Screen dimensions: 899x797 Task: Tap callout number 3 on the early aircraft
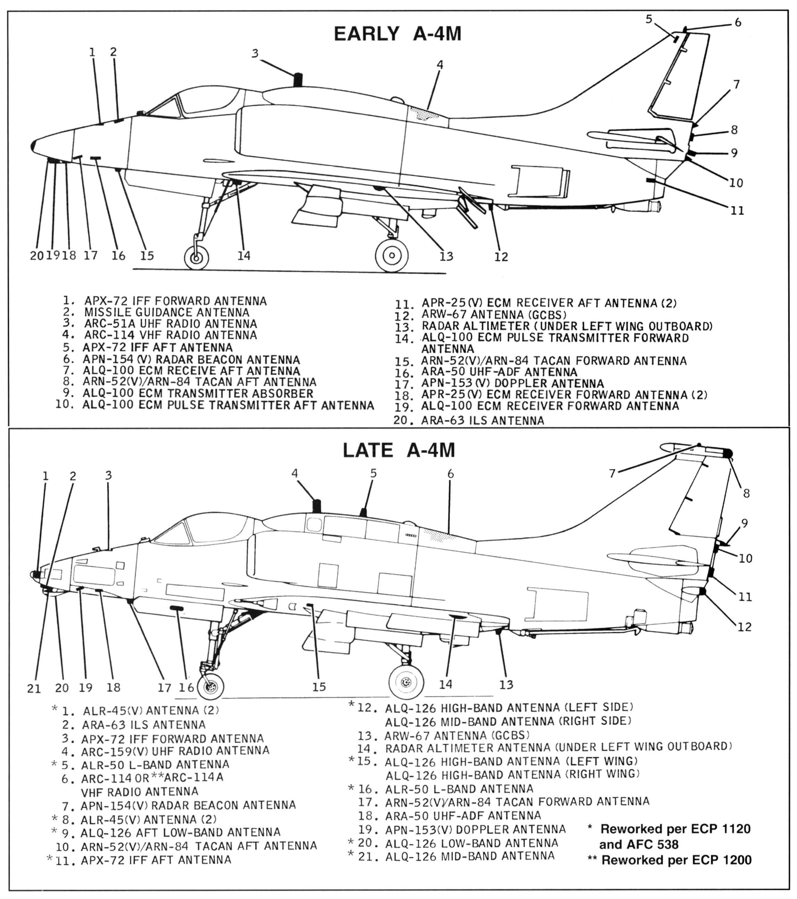tap(255, 53)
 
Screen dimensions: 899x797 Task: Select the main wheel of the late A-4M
tap(406, 682)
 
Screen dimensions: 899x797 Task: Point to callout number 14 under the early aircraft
tap(244, 256)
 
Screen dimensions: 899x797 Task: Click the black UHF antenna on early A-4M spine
tap(298, 80)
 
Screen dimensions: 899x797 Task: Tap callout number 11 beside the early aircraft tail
tap(737, 211)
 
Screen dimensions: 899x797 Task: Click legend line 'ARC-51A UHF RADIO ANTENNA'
tap(170, 324)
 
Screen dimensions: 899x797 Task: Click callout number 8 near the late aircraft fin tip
tap(746, 494)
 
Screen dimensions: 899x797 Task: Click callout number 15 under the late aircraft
tap(319, 687)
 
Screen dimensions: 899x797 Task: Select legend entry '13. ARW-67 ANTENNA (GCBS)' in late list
tap(456, 735)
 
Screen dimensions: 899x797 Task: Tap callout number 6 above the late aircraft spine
tap(450, 474)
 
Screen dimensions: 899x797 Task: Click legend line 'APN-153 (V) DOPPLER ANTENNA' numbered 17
tap(512, 383)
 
